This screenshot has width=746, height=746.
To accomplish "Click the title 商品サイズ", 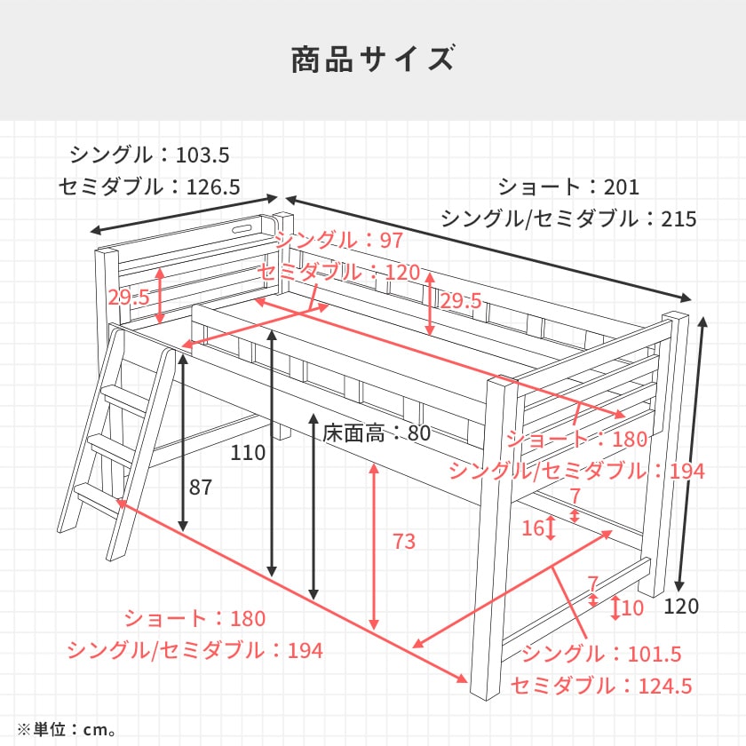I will click(x=373, y=60).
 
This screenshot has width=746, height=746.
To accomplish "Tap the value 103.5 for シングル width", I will click(x=202, y=155).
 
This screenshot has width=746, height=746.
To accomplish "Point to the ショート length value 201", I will click(x=622, y=186).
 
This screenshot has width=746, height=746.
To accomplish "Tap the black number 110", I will click(x=248, y=453).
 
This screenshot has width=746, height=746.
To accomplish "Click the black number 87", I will click(x=202, y=487).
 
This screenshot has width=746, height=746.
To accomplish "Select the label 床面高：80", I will click(x=377, y=434).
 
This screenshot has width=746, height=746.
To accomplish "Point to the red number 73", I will click(x=404, y=541).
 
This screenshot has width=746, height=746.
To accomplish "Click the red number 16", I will click(x=532, y=528).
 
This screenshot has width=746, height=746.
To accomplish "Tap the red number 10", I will click(x=632, y=608).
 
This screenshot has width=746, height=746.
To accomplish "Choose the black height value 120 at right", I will click(x=681, y=607).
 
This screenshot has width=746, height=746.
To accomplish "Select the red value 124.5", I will click(x=662, y=686).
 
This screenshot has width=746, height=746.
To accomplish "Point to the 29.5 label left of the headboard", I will click(x=129, y=298).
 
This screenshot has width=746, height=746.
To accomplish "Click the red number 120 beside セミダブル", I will click(x=401, y=273).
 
